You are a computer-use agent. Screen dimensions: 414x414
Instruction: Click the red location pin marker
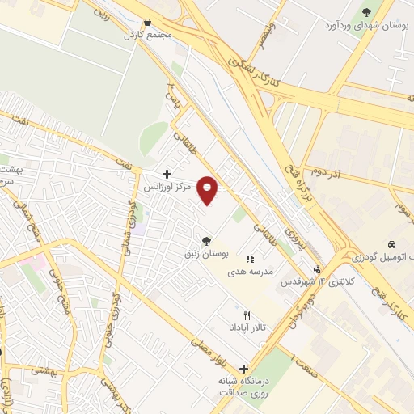[209, 190]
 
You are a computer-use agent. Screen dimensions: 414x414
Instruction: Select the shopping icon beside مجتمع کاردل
[147, 23]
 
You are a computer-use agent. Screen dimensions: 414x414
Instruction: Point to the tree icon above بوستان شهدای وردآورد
[366, 12]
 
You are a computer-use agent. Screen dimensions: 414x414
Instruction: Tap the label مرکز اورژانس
[167, 187]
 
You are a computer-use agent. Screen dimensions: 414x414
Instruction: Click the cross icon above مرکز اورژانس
[167, 174]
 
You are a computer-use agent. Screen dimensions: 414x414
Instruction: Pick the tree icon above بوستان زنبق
[208, 241]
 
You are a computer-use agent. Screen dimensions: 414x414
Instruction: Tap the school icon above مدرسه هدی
[251, 260]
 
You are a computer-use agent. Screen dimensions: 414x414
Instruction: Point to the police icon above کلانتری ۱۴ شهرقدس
[318, 270]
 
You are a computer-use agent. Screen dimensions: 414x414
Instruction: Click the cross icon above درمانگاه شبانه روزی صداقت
[243, 369]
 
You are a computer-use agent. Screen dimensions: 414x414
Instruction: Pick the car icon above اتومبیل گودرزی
[391, 244]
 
